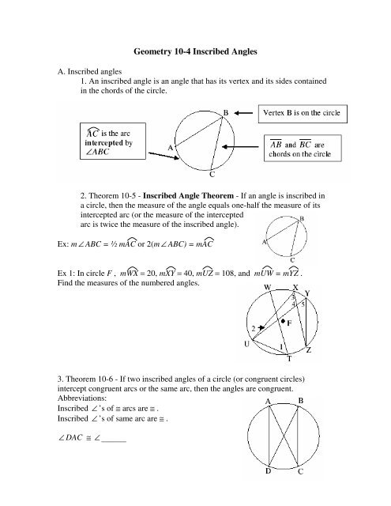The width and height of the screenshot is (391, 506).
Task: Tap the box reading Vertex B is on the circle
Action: click(301, 114)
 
